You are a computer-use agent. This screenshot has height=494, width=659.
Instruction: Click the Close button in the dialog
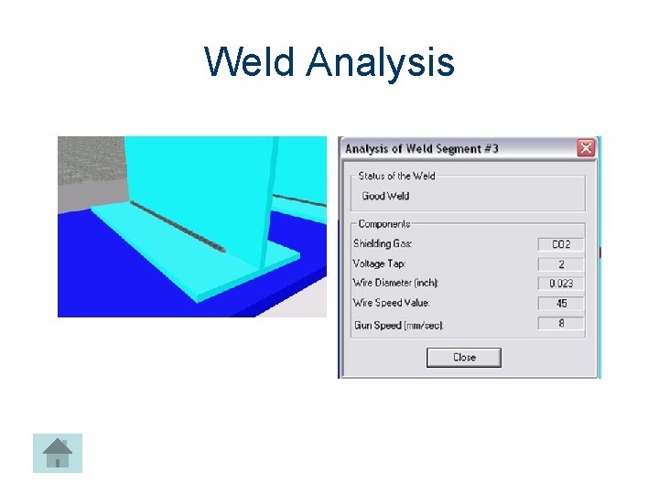pyautogui.click(x=464, y=358)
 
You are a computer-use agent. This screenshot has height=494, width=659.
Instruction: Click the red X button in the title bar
pyautogui.click(x=586, y=148)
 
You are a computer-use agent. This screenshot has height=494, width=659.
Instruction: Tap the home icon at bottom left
pyautogui.click(x=58, y=453)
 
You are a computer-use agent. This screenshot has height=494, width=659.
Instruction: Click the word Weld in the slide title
pyautogui.click(x=250, y=62)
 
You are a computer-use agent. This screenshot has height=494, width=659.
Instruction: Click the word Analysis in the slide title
pyautogui.click(x=381, y=62)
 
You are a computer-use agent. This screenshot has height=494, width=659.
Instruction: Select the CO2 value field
pyautogui.click(x=560, y=244)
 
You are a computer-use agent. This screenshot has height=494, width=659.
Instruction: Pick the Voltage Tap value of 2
pyautogui.click(x=560, y=264)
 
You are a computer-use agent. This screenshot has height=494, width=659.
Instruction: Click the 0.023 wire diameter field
pyautogui.click(x=560, y=284)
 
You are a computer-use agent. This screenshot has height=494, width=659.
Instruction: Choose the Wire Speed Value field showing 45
pyautogui.click(x=560, y=304)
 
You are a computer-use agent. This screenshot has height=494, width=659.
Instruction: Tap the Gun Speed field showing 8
pyautogui.click(x=560, y=324)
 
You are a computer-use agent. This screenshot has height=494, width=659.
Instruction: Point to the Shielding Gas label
pyautogui.click(x=383, y=243)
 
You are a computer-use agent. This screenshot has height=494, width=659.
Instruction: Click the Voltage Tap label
pyautogui.click(x=380, y=263)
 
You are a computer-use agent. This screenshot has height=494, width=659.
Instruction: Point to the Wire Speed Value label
pyautogui.click(x=391, y=303)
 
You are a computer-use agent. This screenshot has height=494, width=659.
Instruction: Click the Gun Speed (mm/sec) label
pyautogui.click(x=398, y=325)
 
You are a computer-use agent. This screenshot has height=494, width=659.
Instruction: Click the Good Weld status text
pyautogui.click(x=385, y=196)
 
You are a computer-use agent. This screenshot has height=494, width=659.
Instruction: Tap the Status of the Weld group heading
pyautogui.click(x=396, y=176)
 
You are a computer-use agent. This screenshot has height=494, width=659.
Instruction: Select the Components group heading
pyautogui.click(x=384, y=224)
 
